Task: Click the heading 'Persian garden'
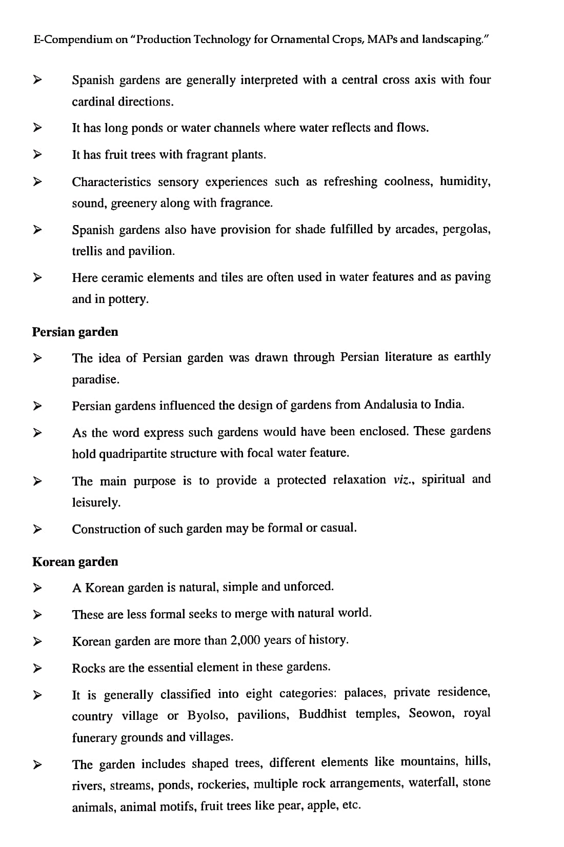pyautogui.click(x=75, y=332)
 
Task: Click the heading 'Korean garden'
pyautogui.click(x=75, y=561)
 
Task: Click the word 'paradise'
pyautogui.click(x=95, y=380)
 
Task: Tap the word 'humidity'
pyautogui.click(x=465, y=181)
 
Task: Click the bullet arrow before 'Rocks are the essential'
pyautogui.click(x=36, y=668)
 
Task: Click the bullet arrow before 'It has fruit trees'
pyautogui.click(x=36, y=154)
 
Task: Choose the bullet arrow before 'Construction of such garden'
pyautogui.click(x=36, y=528)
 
